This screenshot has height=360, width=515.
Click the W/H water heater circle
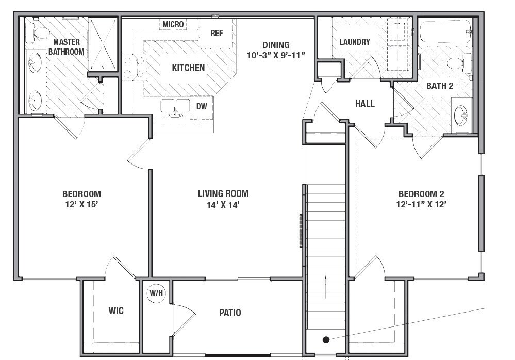156,293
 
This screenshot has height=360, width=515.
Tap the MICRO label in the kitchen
173,24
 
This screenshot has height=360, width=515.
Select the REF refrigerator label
217,33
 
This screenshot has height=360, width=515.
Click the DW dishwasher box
202,107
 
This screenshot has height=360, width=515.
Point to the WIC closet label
115,311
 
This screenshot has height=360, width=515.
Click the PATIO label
229,313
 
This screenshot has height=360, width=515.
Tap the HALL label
364,104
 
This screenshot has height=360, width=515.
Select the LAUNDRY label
355,42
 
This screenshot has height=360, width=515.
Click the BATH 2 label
439,86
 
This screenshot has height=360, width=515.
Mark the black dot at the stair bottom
326,339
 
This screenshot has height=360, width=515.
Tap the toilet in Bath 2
458,63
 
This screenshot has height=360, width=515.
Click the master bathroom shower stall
103,43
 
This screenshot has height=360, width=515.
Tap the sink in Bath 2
460,113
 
